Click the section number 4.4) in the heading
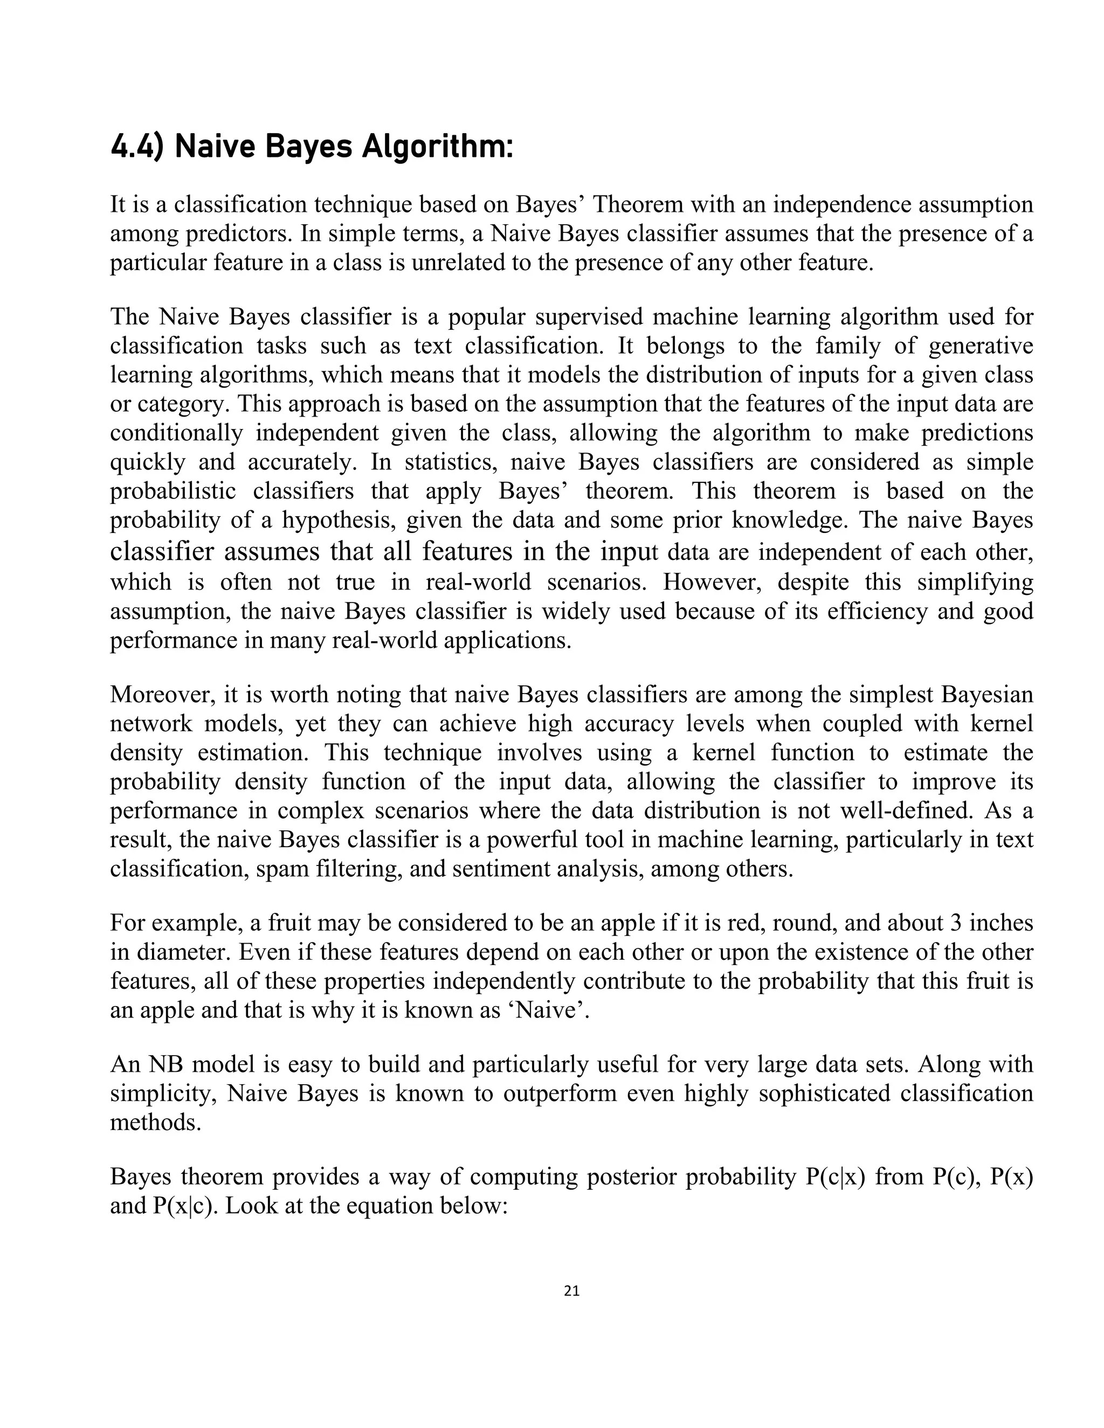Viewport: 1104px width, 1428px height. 136,147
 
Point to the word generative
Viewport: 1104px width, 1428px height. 981,345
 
